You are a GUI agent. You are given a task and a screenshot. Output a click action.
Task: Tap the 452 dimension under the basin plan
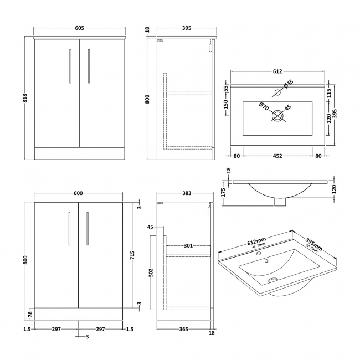[x=277, y=156]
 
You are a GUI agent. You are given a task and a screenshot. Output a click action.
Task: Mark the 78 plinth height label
[x=29, y=314]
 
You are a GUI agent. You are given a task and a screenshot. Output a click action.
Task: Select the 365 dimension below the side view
[x=184, y=329]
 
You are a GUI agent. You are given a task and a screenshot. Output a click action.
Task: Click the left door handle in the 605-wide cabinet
[x=70, y=66]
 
